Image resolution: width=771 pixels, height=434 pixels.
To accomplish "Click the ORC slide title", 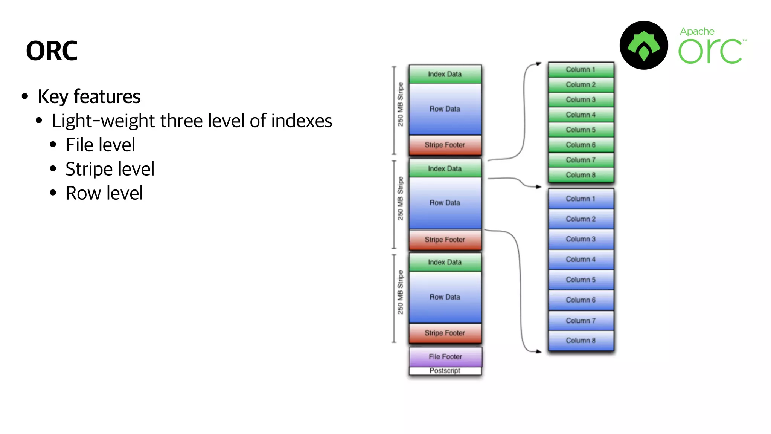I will [52, 51].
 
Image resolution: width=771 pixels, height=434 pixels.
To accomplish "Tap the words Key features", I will [89, 96].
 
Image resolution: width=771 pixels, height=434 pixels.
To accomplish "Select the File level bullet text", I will [100, 145].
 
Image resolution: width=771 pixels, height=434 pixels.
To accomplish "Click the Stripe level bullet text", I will [110, 169].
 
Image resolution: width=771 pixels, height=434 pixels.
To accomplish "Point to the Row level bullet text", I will [104, 193].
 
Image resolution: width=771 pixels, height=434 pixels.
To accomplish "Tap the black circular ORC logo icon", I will [644, 45].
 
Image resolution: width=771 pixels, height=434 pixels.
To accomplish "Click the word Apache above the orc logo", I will [697, 31].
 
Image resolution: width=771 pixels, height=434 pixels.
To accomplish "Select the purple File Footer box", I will [445, 356].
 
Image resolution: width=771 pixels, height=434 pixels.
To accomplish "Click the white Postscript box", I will [445, 371].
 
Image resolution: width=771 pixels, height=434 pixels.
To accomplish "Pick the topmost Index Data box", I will [445, 74].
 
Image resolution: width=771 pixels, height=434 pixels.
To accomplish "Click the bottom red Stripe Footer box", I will [445, 333].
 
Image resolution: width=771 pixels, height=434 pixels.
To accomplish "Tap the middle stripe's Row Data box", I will [445, 203].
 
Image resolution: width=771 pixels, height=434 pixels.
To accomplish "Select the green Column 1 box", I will [581, 69].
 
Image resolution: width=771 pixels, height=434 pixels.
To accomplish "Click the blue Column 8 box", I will [581, 340].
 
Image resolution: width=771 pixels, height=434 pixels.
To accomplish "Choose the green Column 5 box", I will [581, 130].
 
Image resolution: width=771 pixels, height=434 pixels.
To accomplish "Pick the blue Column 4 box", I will [581, 259].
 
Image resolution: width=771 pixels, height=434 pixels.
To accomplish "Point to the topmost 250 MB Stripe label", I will [400, 104].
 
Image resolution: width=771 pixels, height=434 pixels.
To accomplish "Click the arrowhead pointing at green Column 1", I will [539, 64].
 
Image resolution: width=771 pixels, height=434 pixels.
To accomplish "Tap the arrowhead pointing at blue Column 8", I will [539, 351].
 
